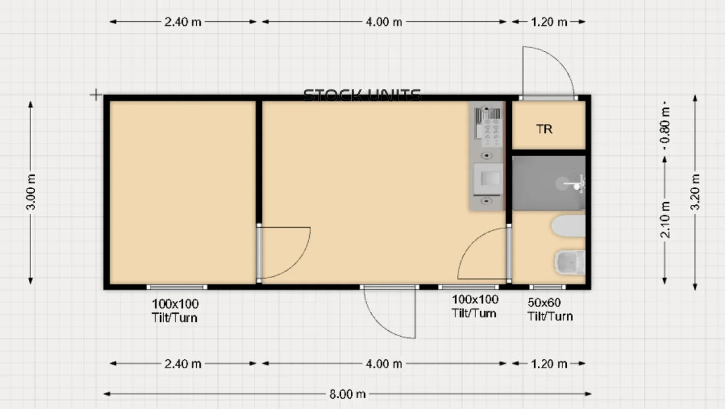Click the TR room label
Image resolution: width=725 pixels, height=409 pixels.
click(x=544, y=129)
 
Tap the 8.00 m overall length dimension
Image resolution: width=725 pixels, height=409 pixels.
click(x=347, y=394)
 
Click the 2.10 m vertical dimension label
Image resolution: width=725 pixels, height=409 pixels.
click(x=666, y=220)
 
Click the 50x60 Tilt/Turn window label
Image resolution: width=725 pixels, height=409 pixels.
click(x=549, y=309)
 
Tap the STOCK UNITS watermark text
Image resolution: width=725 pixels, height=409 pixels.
click(x=362, y=95)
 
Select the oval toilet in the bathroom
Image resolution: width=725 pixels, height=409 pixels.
click(x=568, y=226)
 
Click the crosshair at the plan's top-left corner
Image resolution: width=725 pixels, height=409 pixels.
click(x=95, y=95)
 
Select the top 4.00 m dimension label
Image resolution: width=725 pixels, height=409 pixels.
click(x=384, y=22)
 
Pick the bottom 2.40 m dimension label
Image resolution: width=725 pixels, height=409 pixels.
click(x=183, y=364)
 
